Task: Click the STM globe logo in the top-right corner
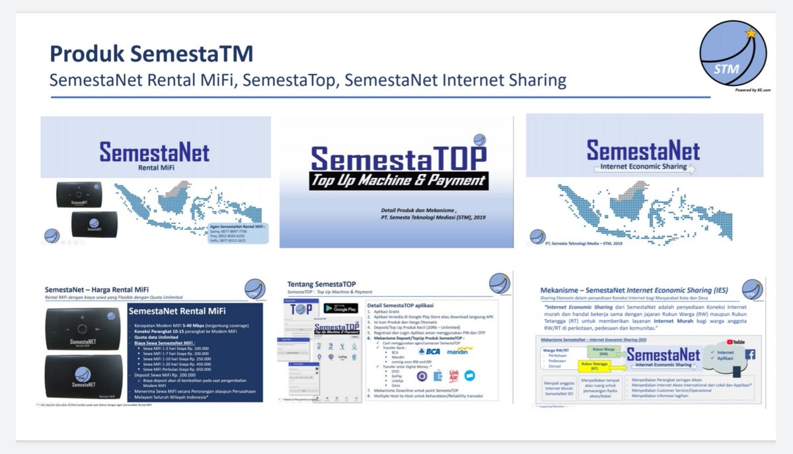(733, 54)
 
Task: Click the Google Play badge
(340, 308)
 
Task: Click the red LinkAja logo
(455, 375)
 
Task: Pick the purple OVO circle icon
(422, 375)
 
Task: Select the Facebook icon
(750, 354)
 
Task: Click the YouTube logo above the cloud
(736, 342)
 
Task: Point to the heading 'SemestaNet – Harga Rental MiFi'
(96, 290)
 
